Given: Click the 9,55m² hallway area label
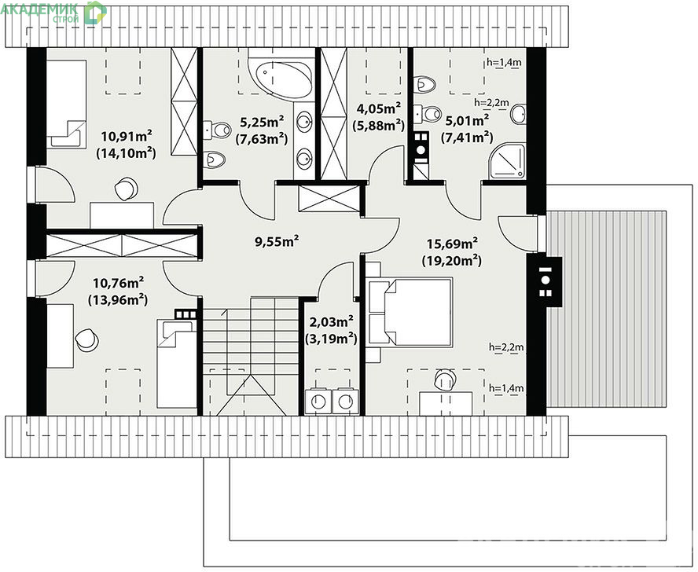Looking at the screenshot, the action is point(277,241).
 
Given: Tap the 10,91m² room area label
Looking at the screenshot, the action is point(127,135).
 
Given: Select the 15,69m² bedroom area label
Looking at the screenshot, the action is point(452,243).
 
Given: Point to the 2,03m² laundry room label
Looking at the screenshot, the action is point(331,321).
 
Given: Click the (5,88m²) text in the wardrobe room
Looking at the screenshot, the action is point(378,126).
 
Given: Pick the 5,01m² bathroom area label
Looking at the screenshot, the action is point(467,120).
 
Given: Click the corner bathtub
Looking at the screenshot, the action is point(281,76).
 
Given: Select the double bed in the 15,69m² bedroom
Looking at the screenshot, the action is point(410,312).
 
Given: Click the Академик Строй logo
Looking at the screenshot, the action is point(53,12).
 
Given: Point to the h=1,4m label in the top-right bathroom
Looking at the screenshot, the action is point(504,62).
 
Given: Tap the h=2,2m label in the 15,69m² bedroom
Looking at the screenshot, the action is point(506,346).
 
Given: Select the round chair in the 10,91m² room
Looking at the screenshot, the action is point(126,189).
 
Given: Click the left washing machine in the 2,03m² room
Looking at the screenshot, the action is point(318,401).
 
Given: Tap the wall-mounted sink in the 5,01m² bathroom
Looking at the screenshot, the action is point(518,114).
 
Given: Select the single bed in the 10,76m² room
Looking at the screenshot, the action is point(177,364).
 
